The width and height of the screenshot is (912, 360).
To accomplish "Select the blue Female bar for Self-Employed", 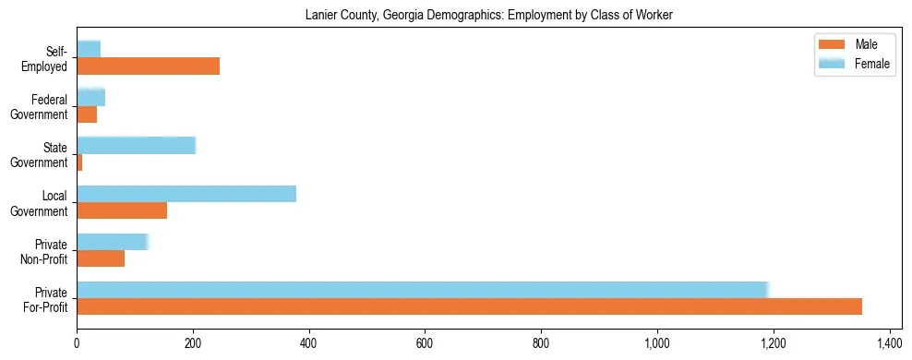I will click(89, 49).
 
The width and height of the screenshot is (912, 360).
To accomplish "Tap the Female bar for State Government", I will click(136, 145).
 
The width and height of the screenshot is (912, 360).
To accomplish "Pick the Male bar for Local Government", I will click(122, 210).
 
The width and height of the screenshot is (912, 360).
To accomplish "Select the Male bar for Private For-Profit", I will click(469, 306).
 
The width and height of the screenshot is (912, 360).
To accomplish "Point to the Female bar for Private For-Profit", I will click(422, 290).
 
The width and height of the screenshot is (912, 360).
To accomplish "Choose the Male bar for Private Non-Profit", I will click(101, 258).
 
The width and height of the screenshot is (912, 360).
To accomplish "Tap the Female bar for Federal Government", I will click(90, 97).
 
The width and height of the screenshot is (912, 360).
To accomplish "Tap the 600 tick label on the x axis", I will click(425, 342).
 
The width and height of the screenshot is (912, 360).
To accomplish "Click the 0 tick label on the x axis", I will click(77, 342).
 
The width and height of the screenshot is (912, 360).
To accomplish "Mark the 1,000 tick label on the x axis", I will click(657, 342).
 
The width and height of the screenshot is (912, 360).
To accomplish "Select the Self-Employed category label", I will click(49, 58).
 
